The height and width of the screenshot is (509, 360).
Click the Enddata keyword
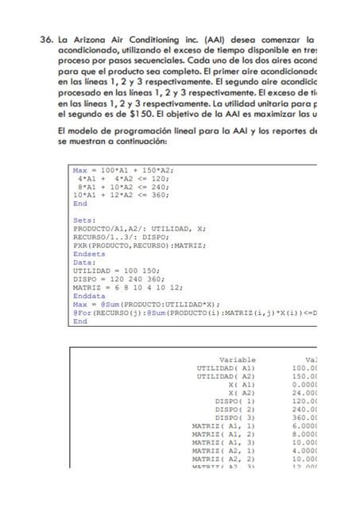[x=88, y=297]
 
